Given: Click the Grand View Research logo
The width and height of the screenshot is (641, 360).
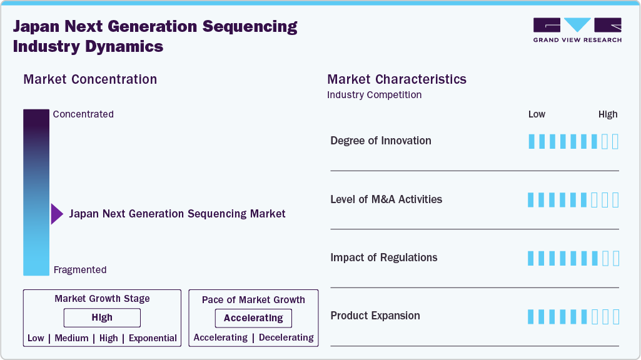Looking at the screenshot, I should click(x=577, y=30).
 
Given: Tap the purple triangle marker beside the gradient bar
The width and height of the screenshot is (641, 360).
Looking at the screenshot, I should click(x=57, y=214).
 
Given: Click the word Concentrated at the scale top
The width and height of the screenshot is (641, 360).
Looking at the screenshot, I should click(x=83, y=114).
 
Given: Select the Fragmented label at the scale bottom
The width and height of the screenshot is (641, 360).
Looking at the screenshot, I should click(x=80, y=270).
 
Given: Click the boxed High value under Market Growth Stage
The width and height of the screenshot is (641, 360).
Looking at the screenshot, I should click(x=102, y=317).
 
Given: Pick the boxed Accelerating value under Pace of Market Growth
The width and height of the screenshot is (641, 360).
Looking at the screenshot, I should click(x=253, y=318).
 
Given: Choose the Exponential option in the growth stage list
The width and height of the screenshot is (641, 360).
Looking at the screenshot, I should click(x=153, y=338).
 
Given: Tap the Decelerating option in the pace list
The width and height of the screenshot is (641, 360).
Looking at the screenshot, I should click(x=286, y=337).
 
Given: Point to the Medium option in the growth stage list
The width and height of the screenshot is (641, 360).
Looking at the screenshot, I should click(x=71, y=338).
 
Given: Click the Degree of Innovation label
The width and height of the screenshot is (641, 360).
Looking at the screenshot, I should click(x=381, y=141).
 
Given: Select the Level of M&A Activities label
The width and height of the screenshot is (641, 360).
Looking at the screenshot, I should click(x=386, y=199).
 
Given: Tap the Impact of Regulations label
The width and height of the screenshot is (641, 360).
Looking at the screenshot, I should click(x=384, y=257).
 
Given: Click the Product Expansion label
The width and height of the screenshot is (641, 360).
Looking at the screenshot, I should click(x=375, y=316).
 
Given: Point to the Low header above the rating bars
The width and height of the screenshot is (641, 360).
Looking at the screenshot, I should click(x=537, y=114).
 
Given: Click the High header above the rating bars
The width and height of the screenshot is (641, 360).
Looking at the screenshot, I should click(x=608, y=114).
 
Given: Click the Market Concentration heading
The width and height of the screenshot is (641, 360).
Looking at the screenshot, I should click(x=90, y=79).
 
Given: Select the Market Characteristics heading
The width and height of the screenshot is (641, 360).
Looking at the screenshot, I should click(x=396, y=79).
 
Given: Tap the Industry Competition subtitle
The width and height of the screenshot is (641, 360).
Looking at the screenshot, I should click(x=374, y=95).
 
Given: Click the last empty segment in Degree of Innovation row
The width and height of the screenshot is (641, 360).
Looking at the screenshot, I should click(x=615, y=141).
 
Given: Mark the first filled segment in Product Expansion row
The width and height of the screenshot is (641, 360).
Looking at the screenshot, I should click(x=532, y=316).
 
